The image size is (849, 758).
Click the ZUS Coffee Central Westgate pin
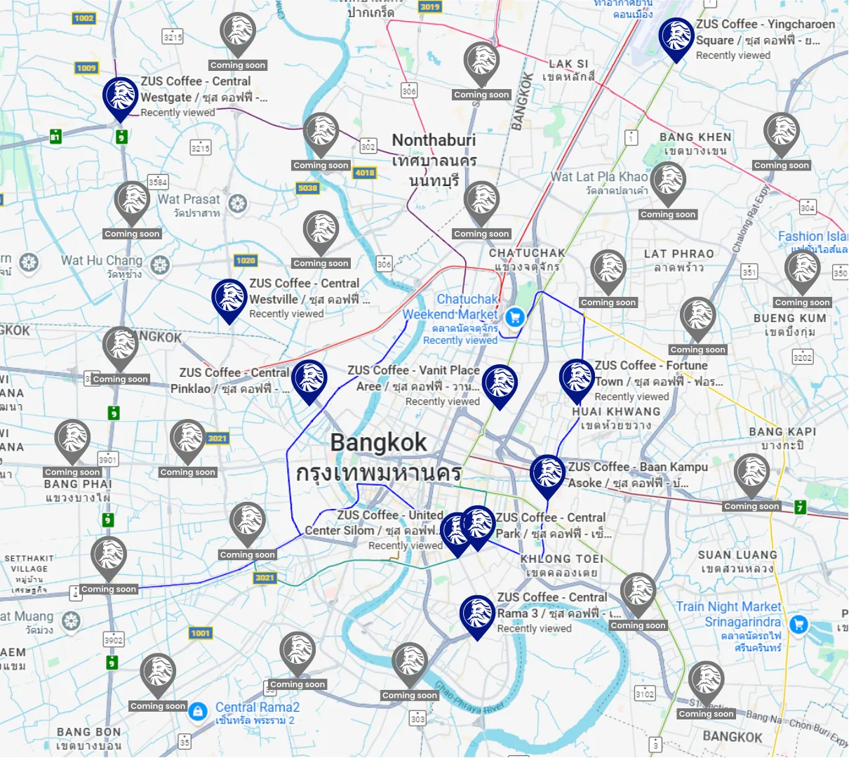coord(120,97)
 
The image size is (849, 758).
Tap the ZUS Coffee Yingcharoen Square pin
coord(676,37)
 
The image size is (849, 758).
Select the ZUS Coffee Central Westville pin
coord(229,298)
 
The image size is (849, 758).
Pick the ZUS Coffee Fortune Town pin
coord(577,378)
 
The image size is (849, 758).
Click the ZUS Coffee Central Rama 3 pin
coord(477,614)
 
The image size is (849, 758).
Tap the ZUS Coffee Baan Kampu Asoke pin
coord(547,474)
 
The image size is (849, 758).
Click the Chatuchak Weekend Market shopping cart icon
coord(515,317)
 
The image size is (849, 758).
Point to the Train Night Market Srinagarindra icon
coord(798,624)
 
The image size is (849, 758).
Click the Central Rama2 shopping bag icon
coord(199,711)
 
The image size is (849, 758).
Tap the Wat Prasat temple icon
coord(238,204)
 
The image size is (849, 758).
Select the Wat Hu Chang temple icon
coord(160,265)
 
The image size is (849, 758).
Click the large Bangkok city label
coord(378,443)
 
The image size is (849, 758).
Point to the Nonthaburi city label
coord(434,140)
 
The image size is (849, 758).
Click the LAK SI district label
coord(568,64)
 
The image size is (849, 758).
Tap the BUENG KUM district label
coord(789,318)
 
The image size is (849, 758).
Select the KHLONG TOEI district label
coord(561,559)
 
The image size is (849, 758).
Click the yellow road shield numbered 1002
coord(83,18)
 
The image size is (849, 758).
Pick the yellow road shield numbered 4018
coord(365,173)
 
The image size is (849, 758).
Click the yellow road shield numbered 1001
coord(201,633)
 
